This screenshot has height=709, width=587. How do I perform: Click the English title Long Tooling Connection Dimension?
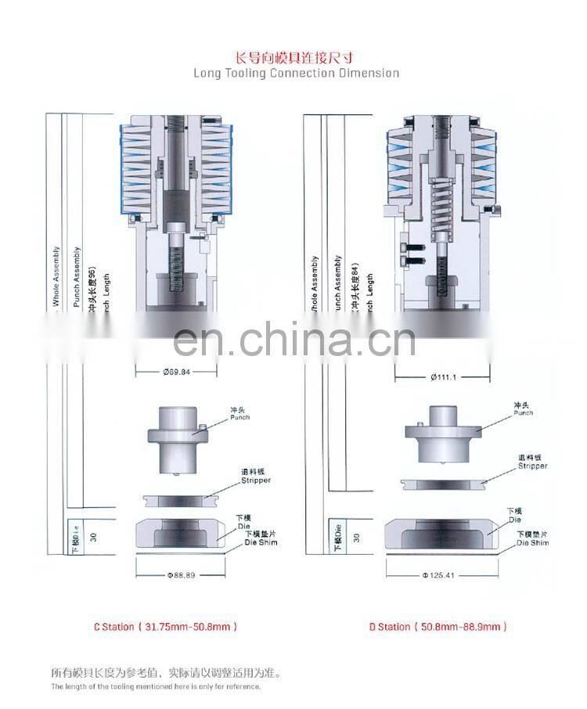point(296,73)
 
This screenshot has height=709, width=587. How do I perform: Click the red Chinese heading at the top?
point(296,58)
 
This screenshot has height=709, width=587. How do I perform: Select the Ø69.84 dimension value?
point(176,372)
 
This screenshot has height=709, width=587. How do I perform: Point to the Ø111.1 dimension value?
point(443,377)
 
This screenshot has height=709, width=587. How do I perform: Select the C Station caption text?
point(166,627)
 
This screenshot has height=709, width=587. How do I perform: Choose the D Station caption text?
point(438,627)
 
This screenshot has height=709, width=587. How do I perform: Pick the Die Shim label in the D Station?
point(532,542)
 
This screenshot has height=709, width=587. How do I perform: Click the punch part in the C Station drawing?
point(179,437)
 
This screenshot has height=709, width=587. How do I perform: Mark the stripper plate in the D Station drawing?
point(443,484)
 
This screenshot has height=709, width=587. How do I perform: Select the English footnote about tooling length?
point(156,686)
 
